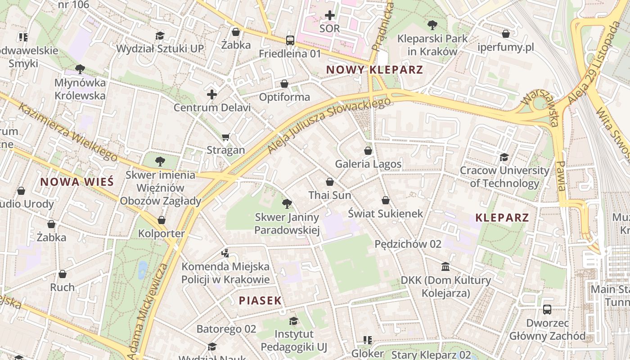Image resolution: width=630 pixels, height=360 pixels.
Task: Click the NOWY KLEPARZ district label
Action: [374, 70]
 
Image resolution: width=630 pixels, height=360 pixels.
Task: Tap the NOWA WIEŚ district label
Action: [77, 182]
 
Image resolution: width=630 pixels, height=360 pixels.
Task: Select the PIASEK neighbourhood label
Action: [260, 301]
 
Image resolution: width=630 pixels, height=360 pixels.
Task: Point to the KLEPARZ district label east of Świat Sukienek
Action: [502, 218]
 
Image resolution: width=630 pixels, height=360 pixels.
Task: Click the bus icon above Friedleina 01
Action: [290, 40]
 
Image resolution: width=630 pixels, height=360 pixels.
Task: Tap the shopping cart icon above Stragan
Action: [226, 137]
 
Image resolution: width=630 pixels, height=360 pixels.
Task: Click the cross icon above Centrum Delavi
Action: [212, 94]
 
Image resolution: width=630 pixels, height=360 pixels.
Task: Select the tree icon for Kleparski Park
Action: [432, 25]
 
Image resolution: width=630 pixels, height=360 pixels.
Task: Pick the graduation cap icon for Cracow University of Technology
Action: [504, 157]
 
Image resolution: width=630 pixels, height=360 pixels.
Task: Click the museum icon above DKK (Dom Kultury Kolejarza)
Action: [445, 267]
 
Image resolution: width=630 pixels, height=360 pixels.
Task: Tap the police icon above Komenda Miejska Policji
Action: [225, 253]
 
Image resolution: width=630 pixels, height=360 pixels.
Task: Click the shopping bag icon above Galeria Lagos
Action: [368, 151]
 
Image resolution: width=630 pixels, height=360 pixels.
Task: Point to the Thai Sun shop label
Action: [330, 195]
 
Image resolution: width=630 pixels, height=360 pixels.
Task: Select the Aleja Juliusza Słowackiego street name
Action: [329, 125]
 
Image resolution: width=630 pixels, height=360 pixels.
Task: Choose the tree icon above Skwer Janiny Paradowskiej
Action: [287, 204]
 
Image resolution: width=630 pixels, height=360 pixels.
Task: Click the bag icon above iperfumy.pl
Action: [506, 34]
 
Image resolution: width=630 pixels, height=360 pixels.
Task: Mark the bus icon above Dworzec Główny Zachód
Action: [547, 310]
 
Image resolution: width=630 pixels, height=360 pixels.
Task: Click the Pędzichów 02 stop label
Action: [408, 244]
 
